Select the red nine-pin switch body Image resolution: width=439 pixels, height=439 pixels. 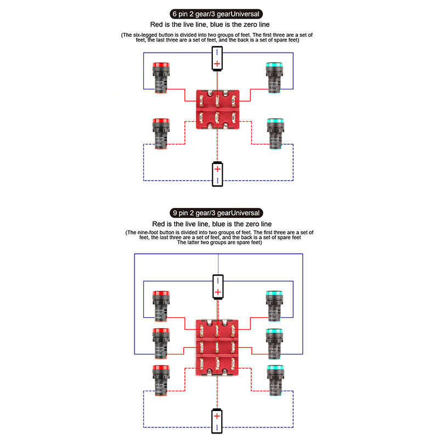coord(218,348)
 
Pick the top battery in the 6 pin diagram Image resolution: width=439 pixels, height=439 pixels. coord(218,59)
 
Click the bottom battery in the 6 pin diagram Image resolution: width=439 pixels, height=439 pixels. coord(218,174)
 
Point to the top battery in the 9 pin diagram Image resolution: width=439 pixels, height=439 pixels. coord(218,286)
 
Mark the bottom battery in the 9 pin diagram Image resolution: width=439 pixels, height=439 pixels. coord(218,420)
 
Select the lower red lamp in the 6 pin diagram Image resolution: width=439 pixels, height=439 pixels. coord(161,133)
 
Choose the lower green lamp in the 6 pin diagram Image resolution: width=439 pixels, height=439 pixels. coord(274,133)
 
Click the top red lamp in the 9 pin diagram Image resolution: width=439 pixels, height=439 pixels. coord(161,306)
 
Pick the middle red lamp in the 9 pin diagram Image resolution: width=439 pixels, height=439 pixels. coord(161,342)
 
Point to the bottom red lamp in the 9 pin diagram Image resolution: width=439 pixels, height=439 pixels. coord(161,379)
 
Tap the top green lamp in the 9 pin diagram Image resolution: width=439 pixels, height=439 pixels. coord(274,306)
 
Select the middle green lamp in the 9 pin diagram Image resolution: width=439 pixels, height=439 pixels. coord(274,342)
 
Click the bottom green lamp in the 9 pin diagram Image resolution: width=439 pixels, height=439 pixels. coord(274,379)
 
